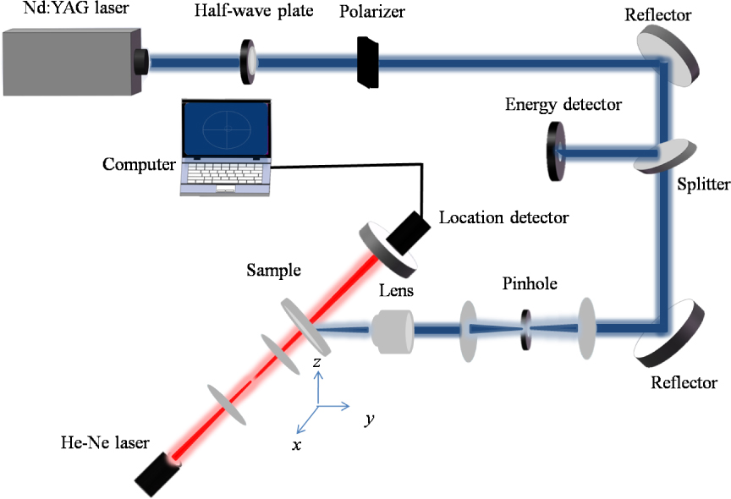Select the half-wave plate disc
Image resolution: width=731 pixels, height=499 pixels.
tap(250, 62)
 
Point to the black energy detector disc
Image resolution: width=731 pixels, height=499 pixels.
tap(556, 152)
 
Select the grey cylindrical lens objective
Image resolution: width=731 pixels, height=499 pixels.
tap(392, 330)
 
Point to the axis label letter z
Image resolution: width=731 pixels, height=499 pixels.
tap(316, 362)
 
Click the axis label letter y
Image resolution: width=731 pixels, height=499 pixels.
tap(369, 419)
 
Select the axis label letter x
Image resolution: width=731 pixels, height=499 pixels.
tap(296, 444)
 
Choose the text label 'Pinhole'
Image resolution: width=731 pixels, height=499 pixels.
tap(528, 284)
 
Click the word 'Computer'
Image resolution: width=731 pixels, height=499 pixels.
tap(137, 163)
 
